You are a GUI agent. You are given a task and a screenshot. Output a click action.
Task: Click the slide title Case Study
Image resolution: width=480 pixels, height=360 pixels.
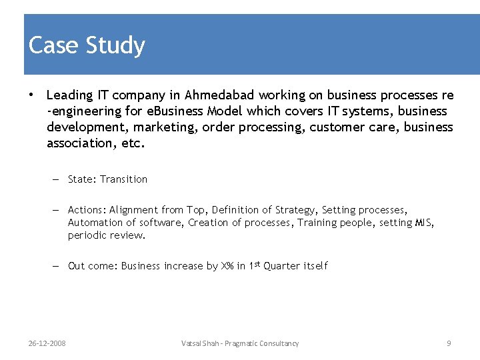click(87, 45)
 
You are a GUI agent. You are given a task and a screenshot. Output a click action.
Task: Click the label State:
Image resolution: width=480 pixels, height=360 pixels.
click(82, 179)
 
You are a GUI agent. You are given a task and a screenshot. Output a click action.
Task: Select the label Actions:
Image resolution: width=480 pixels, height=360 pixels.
click(87, 210)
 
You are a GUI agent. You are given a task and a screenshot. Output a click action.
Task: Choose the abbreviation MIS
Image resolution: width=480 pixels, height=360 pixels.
click(424, 223)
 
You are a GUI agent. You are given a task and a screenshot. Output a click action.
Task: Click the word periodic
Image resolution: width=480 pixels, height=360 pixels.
click(86, 235)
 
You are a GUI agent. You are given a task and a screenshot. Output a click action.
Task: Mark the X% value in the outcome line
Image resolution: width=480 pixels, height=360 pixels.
click(227, 266)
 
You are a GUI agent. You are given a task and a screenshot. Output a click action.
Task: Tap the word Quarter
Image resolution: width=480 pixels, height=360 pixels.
click(282, 266)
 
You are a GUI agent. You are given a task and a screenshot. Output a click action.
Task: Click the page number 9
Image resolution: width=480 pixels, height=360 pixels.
click(449, 343)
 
